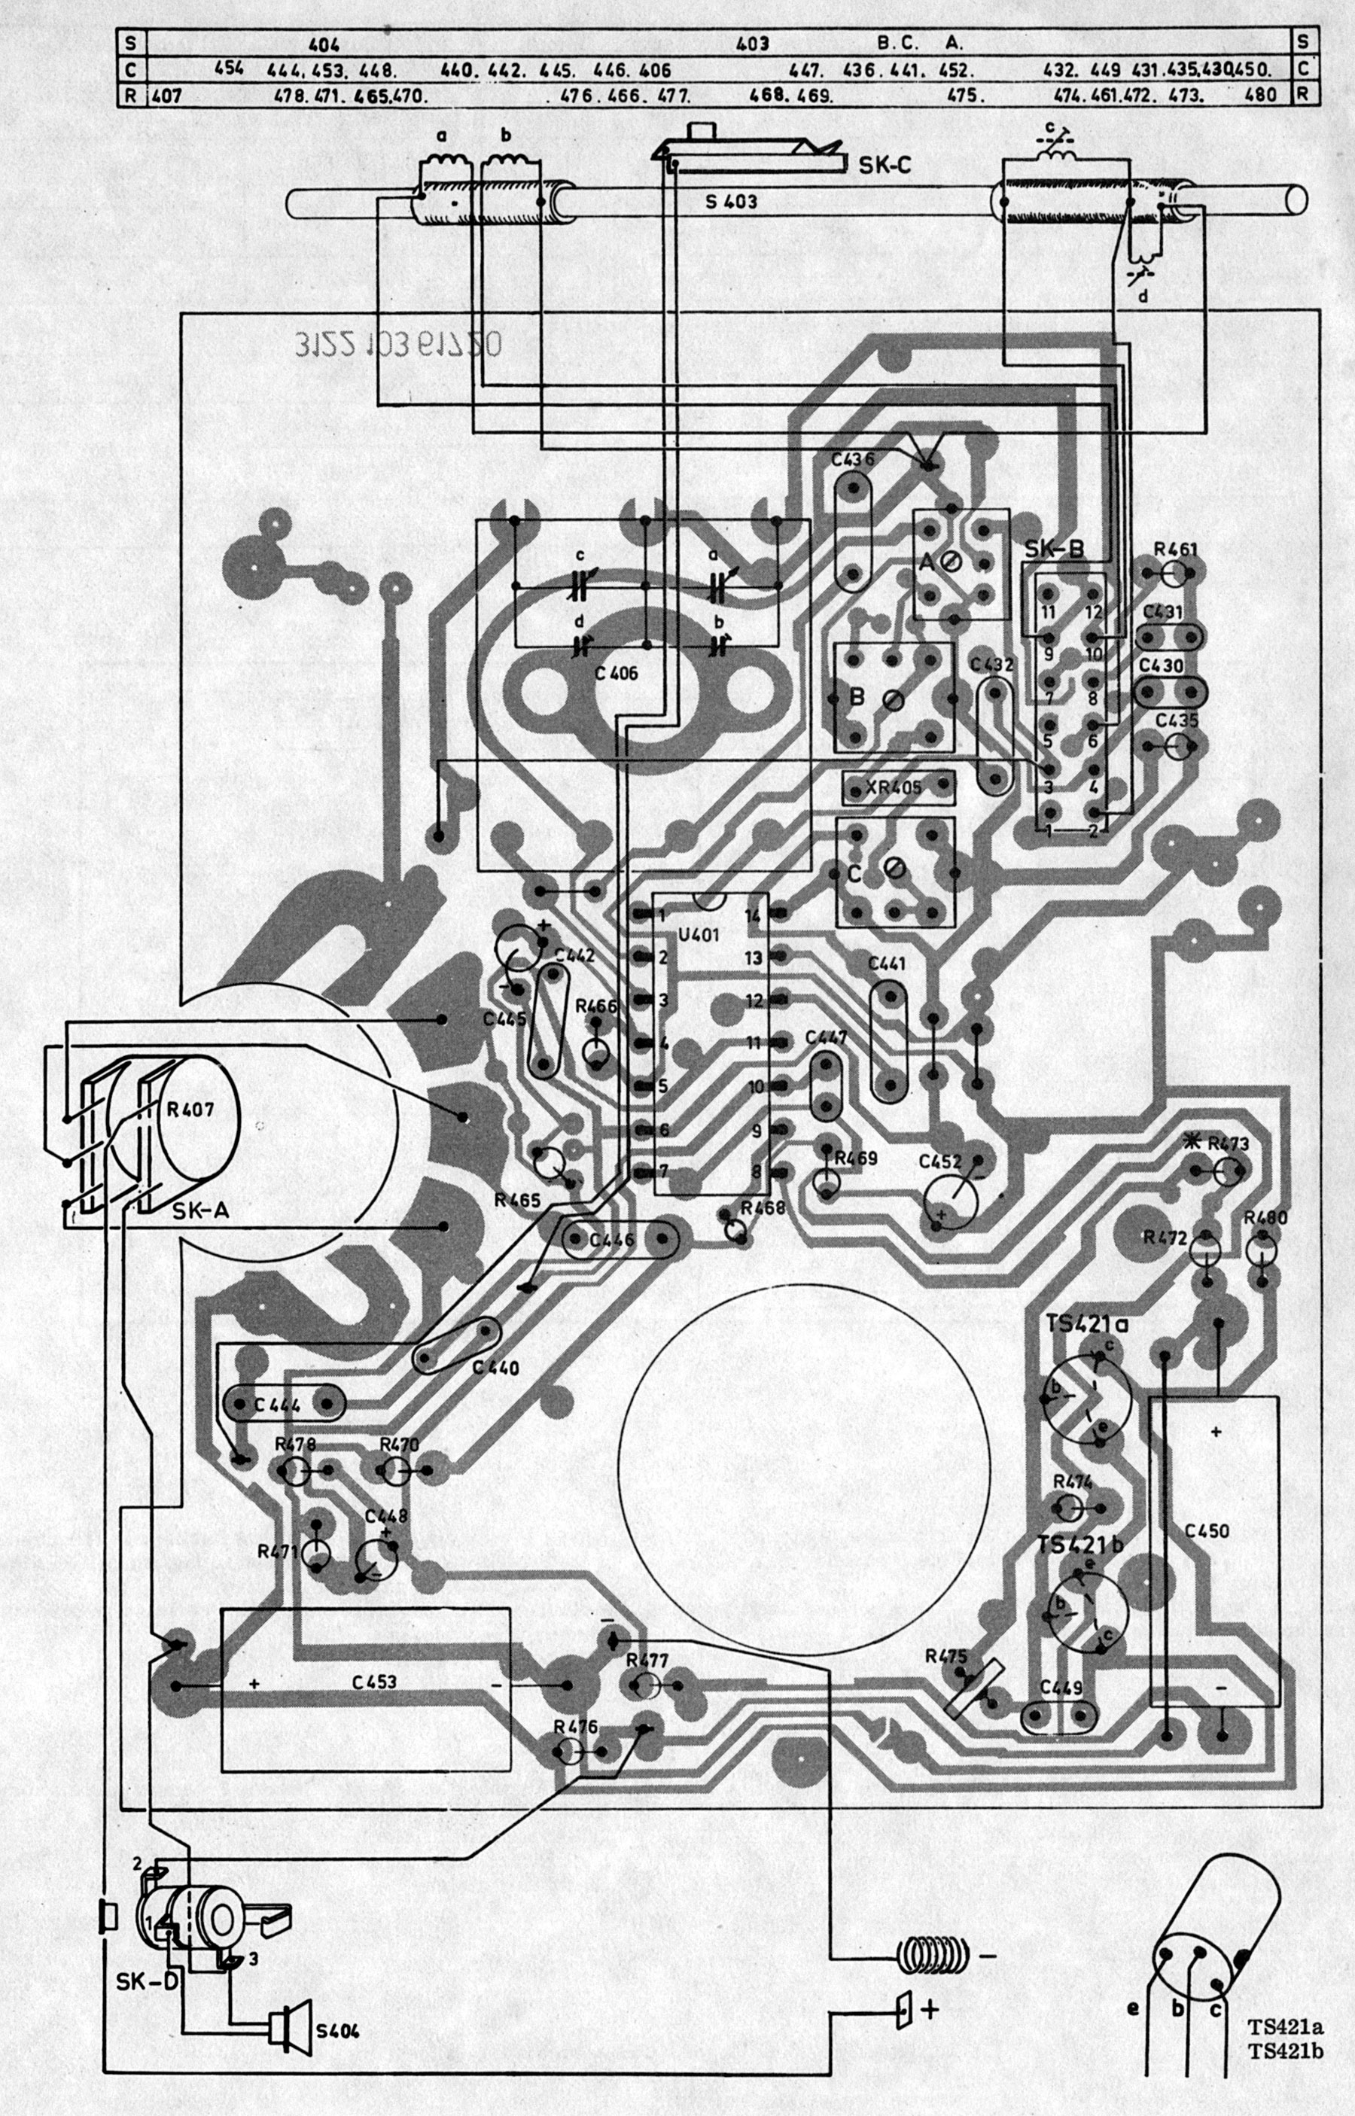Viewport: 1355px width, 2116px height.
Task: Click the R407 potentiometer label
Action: [190, 1110]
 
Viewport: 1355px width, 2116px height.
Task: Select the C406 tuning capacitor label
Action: [616, 674]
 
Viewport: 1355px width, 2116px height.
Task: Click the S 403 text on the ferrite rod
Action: [730, 202]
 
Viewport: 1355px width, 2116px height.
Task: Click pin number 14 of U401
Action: [752, 915]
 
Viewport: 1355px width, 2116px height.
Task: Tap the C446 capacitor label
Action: [613, 1241]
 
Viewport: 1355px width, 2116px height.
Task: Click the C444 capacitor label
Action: [277, 1405]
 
